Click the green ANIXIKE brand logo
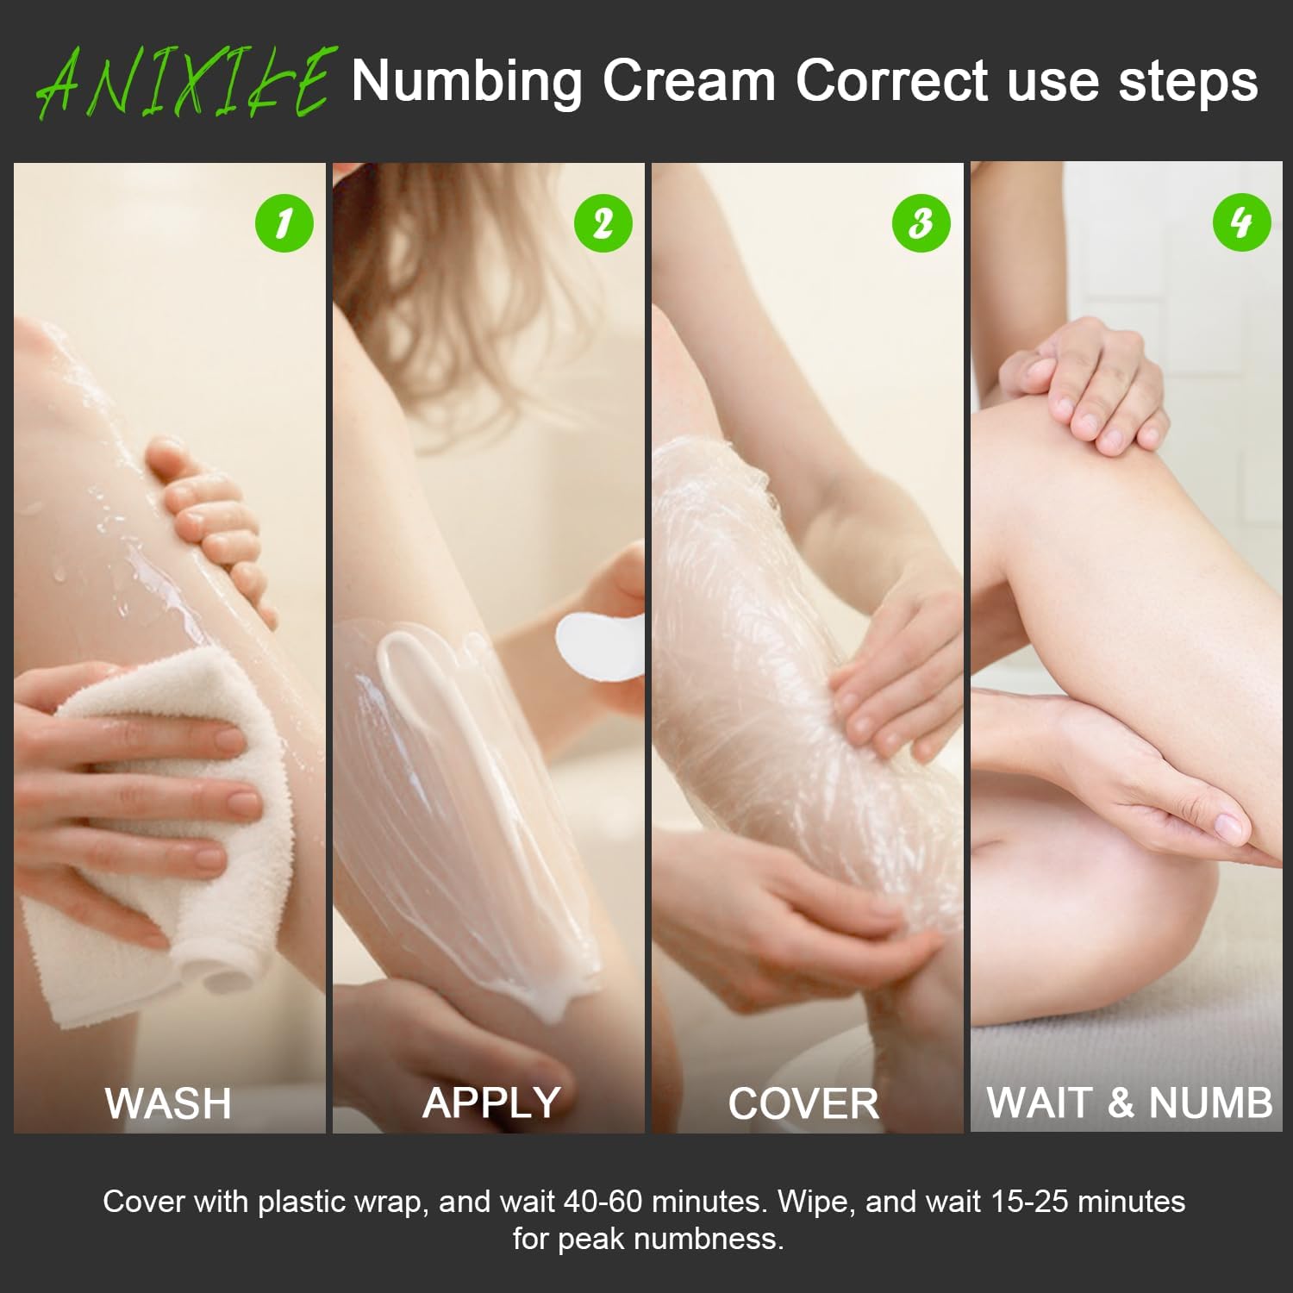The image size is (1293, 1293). (x=183, y=83)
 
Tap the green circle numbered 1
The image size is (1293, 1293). (x=284, y=223)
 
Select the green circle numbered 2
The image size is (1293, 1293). (x=603, y=223)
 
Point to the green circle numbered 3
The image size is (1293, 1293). (x=921, y=223)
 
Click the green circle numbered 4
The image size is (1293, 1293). (x=1241, y=222)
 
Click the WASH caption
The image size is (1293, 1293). (x=168, y=1103)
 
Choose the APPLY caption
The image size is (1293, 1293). (x=491, y=1103)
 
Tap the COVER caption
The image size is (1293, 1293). (x=803, y=1103)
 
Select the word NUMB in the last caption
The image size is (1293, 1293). (x=1210, y=1102)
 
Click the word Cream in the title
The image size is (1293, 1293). (x=690, y=81)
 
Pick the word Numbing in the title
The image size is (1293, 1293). (x=466, y=83)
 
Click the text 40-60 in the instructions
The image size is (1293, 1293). (x=603, y=1201)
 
